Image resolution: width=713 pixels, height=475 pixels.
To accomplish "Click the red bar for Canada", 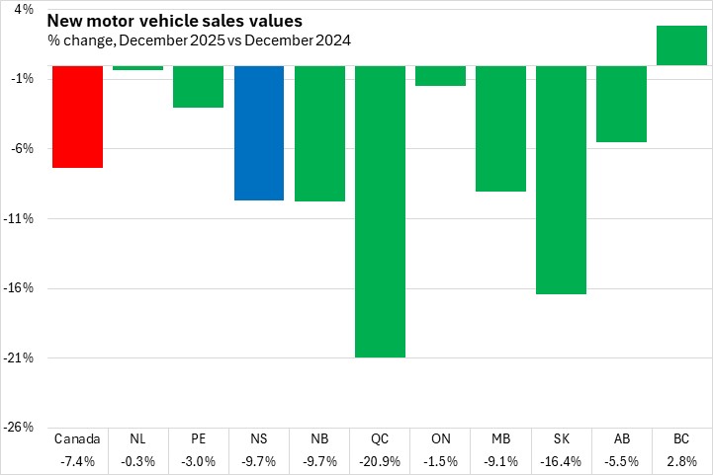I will coord(77,117).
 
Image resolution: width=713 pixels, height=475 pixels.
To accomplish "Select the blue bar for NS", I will coord(258,132).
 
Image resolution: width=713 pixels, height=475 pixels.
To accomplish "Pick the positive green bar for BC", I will coord(681,45).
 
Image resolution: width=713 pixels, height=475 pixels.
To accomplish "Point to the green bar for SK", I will coord(561,180).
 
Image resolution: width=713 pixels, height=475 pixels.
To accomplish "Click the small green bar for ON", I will coord(440,76).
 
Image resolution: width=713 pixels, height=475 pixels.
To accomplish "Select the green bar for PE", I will coord(198,86).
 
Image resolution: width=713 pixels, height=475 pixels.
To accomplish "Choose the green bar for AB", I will coord(621,104).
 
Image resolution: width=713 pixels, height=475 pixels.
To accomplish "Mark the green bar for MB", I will coord(500,128).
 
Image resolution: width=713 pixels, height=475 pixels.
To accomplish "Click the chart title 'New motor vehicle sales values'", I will coord(175,21).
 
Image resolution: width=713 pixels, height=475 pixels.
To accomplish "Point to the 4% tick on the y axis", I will coord(24,9).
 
